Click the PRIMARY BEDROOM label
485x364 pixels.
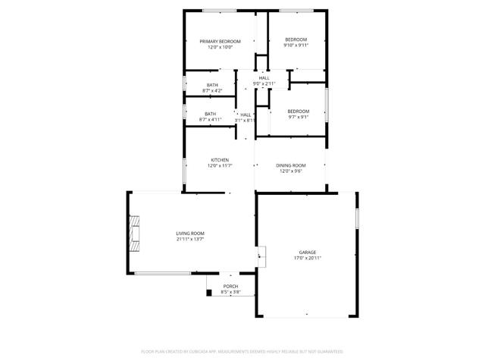click(x=220, y=40)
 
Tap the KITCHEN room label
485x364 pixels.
click(x=220, y=160)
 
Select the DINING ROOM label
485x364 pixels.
click(x=291, y=165)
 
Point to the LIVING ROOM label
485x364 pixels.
click(x=190, y=233)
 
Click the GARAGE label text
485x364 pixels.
click(x=307, y=252)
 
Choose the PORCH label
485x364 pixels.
click(x=230, y=286)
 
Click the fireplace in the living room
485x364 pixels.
click(x=134, y=233)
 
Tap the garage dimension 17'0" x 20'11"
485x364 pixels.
click(x=307, y=259)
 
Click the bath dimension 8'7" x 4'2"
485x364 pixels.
click(x=211, y=91)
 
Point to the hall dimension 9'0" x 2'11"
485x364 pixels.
click(x=264, y=83)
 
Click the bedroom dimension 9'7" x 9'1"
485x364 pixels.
click(x=298, y=117)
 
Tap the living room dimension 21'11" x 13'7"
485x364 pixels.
click(x=190, y=240)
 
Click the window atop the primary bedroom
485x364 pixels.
click(x=219, y=10)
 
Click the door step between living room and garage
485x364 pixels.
click(x=262, y=256)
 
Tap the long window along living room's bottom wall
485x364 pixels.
click(x=162, y=273)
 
